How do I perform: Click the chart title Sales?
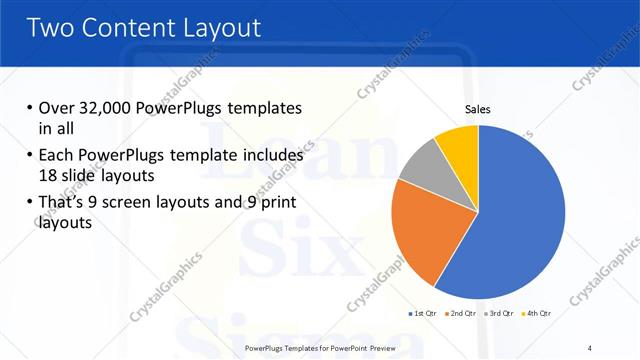(478, 110)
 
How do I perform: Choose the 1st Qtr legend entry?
(421, 313)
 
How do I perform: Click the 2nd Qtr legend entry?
(459, 313)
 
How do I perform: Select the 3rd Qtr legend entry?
(498, 313)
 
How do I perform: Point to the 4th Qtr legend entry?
(536, 313)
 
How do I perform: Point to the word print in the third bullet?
(276, 205)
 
